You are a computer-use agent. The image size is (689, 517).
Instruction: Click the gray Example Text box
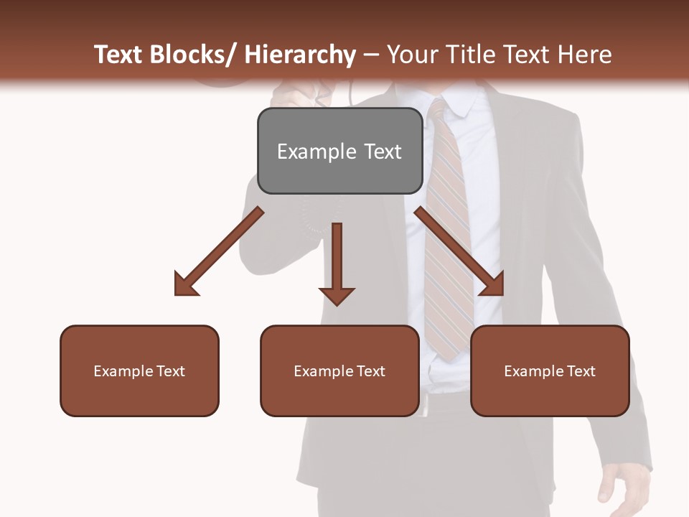(339, 151)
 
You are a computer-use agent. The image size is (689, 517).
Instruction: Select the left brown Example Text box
(139, 371)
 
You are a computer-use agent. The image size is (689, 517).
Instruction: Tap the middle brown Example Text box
(339, 371)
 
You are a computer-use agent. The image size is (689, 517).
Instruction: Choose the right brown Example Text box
(550, 371)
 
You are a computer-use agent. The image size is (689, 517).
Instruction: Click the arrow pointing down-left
(219, 252)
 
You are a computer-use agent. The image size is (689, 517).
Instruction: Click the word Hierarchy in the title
(300, 55)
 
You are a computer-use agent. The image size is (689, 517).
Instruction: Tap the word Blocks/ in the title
(193, 55)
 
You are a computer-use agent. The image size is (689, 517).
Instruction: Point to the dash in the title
(371, 55)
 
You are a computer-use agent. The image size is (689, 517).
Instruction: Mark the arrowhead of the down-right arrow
(492, 284)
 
